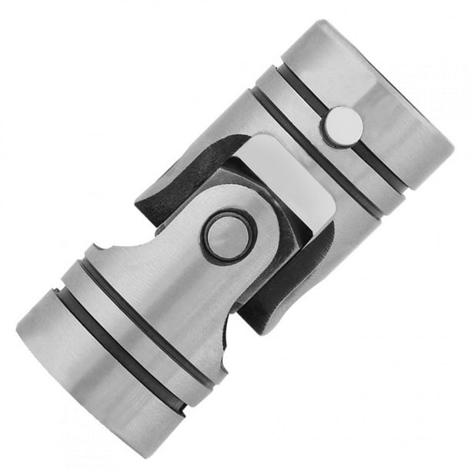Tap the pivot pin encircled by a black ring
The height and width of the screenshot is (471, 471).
click(229, 235)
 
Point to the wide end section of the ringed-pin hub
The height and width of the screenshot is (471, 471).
click(85, 377)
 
